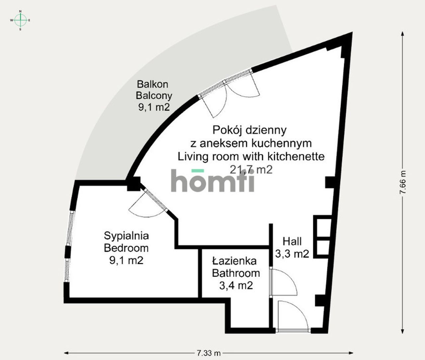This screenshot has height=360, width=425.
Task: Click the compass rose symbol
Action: point(20,20)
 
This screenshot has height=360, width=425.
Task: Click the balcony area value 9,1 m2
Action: point(154,107)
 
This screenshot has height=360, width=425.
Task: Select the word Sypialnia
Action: point(126,236)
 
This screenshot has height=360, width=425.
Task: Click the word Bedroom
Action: point(126,248)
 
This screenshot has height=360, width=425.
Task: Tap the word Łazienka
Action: point(234,261)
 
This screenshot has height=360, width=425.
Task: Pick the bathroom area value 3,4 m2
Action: point(236,286)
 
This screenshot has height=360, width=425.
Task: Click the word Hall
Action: point(292,241)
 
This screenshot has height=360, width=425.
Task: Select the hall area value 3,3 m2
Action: point(292,254)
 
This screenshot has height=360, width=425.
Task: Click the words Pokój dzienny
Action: point(249,130)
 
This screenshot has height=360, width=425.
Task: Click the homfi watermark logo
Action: point(212,180)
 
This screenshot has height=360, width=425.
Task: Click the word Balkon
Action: point(152,84)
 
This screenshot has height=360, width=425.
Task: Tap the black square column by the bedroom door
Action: point(134,184)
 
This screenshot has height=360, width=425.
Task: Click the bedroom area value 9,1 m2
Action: point(126,260)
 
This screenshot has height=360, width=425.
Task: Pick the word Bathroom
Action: point(236,273)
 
